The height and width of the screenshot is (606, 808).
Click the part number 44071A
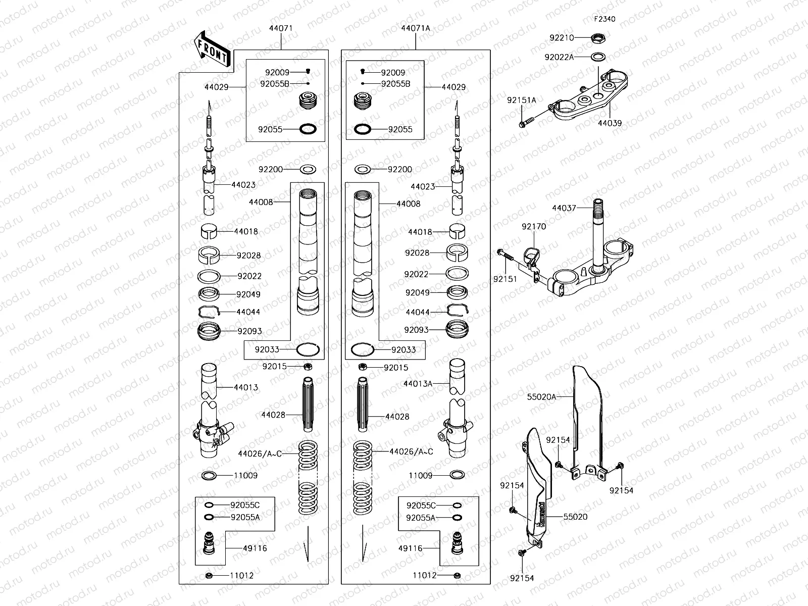point(416,28)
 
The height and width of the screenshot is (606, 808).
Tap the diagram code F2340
point(604,19)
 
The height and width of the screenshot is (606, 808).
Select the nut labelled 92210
point(599,38)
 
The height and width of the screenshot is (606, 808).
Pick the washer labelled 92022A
point(598,57)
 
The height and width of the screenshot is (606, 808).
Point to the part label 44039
point(610,123)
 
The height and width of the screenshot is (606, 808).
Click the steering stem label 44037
point(564,208)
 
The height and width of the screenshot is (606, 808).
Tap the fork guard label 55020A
point(541,397)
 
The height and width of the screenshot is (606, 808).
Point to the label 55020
point(575,517)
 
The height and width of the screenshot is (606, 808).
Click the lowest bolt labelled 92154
point(522,553)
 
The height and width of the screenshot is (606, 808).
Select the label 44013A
point(418,384)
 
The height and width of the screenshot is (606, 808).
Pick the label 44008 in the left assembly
point(261,202)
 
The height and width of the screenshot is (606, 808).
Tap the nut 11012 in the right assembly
point(457,575)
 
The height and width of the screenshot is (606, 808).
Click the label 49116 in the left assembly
point(255,548)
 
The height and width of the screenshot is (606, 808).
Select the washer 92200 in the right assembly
point(364,169)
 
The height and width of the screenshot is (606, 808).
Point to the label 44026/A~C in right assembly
point(411,451)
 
